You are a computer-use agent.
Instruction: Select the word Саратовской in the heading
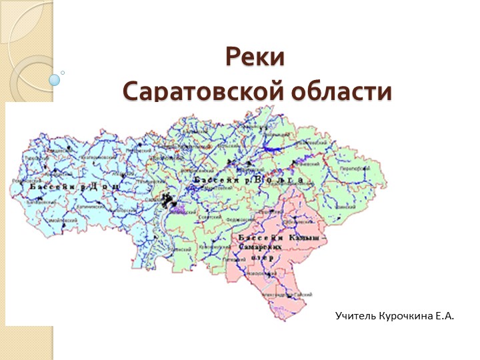203,91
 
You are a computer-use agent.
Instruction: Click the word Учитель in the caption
356,313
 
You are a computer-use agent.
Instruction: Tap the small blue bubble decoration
55,80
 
